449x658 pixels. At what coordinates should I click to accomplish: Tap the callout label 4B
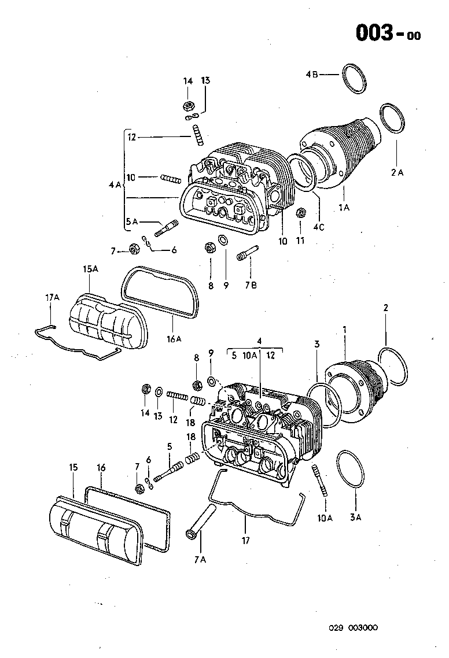312,74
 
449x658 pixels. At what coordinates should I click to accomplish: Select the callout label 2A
397,172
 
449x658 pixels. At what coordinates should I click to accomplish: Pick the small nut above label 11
301,213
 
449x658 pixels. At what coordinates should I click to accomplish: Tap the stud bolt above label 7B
247,255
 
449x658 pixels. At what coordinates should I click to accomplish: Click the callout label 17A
52,297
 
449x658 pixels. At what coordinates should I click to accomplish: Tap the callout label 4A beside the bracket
114,185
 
